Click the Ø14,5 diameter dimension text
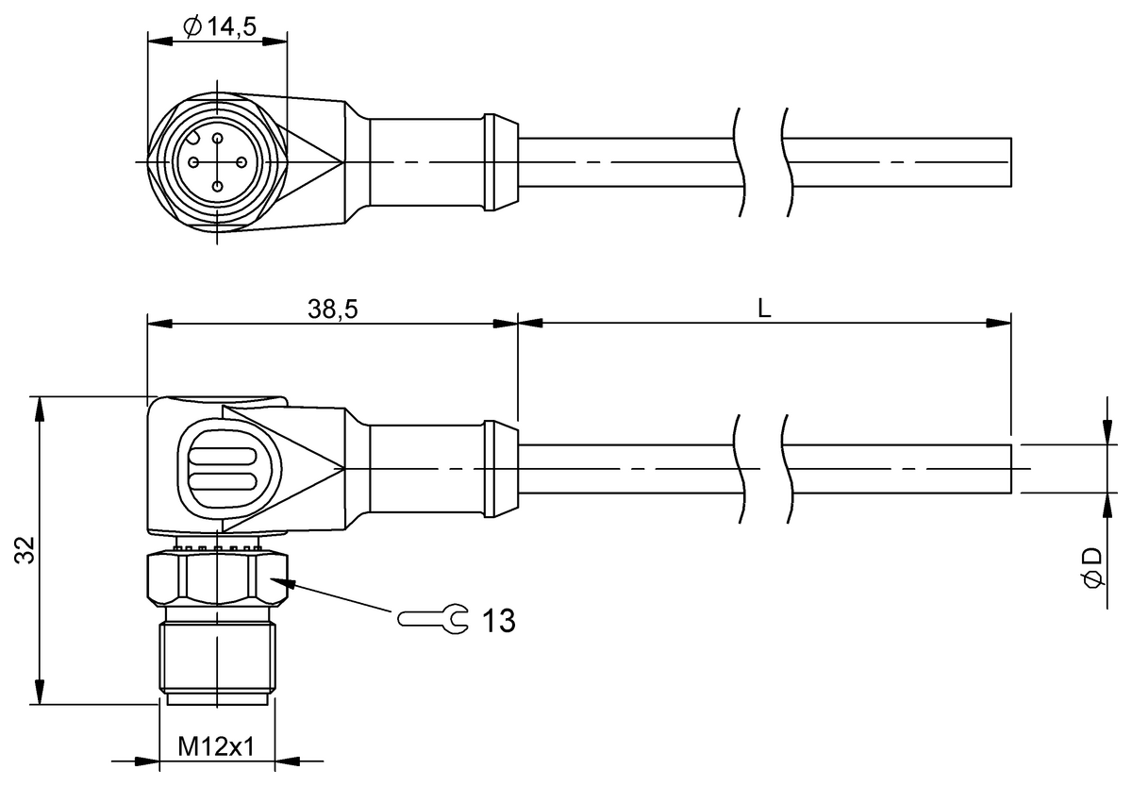(x=220, y=26)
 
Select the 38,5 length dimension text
(x=332, y=309)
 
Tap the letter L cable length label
(x=765, y=308)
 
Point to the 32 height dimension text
(x=25, y=549)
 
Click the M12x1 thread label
(x=216, y=746)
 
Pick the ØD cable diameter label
(x=1091, y=567)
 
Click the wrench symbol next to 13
(x=434, y=619)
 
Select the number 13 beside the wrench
(x=499, y=620)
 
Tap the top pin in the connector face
(x=217, y=138)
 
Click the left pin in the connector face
(x=193, y=162)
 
